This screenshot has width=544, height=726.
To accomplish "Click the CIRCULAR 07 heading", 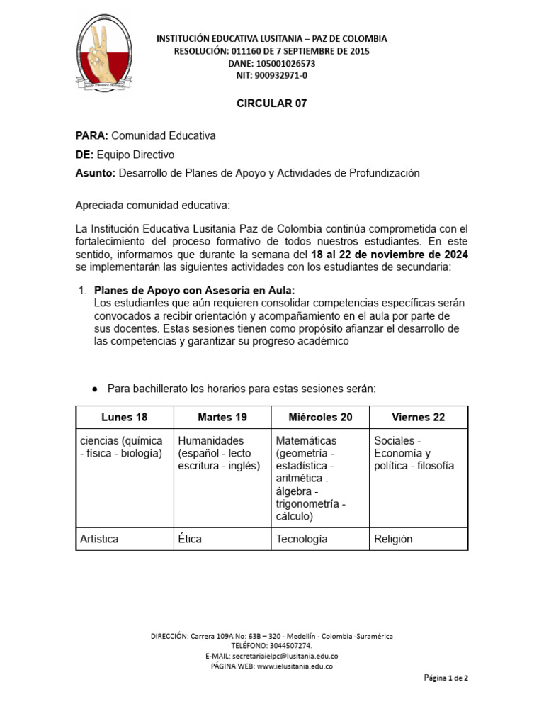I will pos(271,104).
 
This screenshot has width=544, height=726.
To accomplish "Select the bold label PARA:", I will pos(92,135).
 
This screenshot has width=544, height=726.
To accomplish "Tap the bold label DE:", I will pos(84,155).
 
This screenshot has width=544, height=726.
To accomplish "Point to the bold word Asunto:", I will pos(95,173).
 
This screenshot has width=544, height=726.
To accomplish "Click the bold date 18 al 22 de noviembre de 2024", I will pos(390,254).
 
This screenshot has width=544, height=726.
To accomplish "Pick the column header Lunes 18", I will pos(125,417).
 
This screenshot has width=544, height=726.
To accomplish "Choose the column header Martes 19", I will pos(222,417).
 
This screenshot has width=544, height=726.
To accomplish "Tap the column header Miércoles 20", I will pos(320,417).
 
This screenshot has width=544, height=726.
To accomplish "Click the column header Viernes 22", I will pos(418,417).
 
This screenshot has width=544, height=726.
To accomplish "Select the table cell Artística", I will pos(100,539).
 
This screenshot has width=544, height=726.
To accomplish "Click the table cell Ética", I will pos(190,539).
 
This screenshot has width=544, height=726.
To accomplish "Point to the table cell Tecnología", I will pos(302,539).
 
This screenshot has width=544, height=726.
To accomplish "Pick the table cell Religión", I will pos(393,539).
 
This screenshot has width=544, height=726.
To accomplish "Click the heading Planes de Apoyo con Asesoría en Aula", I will pos(195,291).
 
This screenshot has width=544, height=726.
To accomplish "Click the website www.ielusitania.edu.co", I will pos(295,666).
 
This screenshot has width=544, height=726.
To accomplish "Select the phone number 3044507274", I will pos(290,646).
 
